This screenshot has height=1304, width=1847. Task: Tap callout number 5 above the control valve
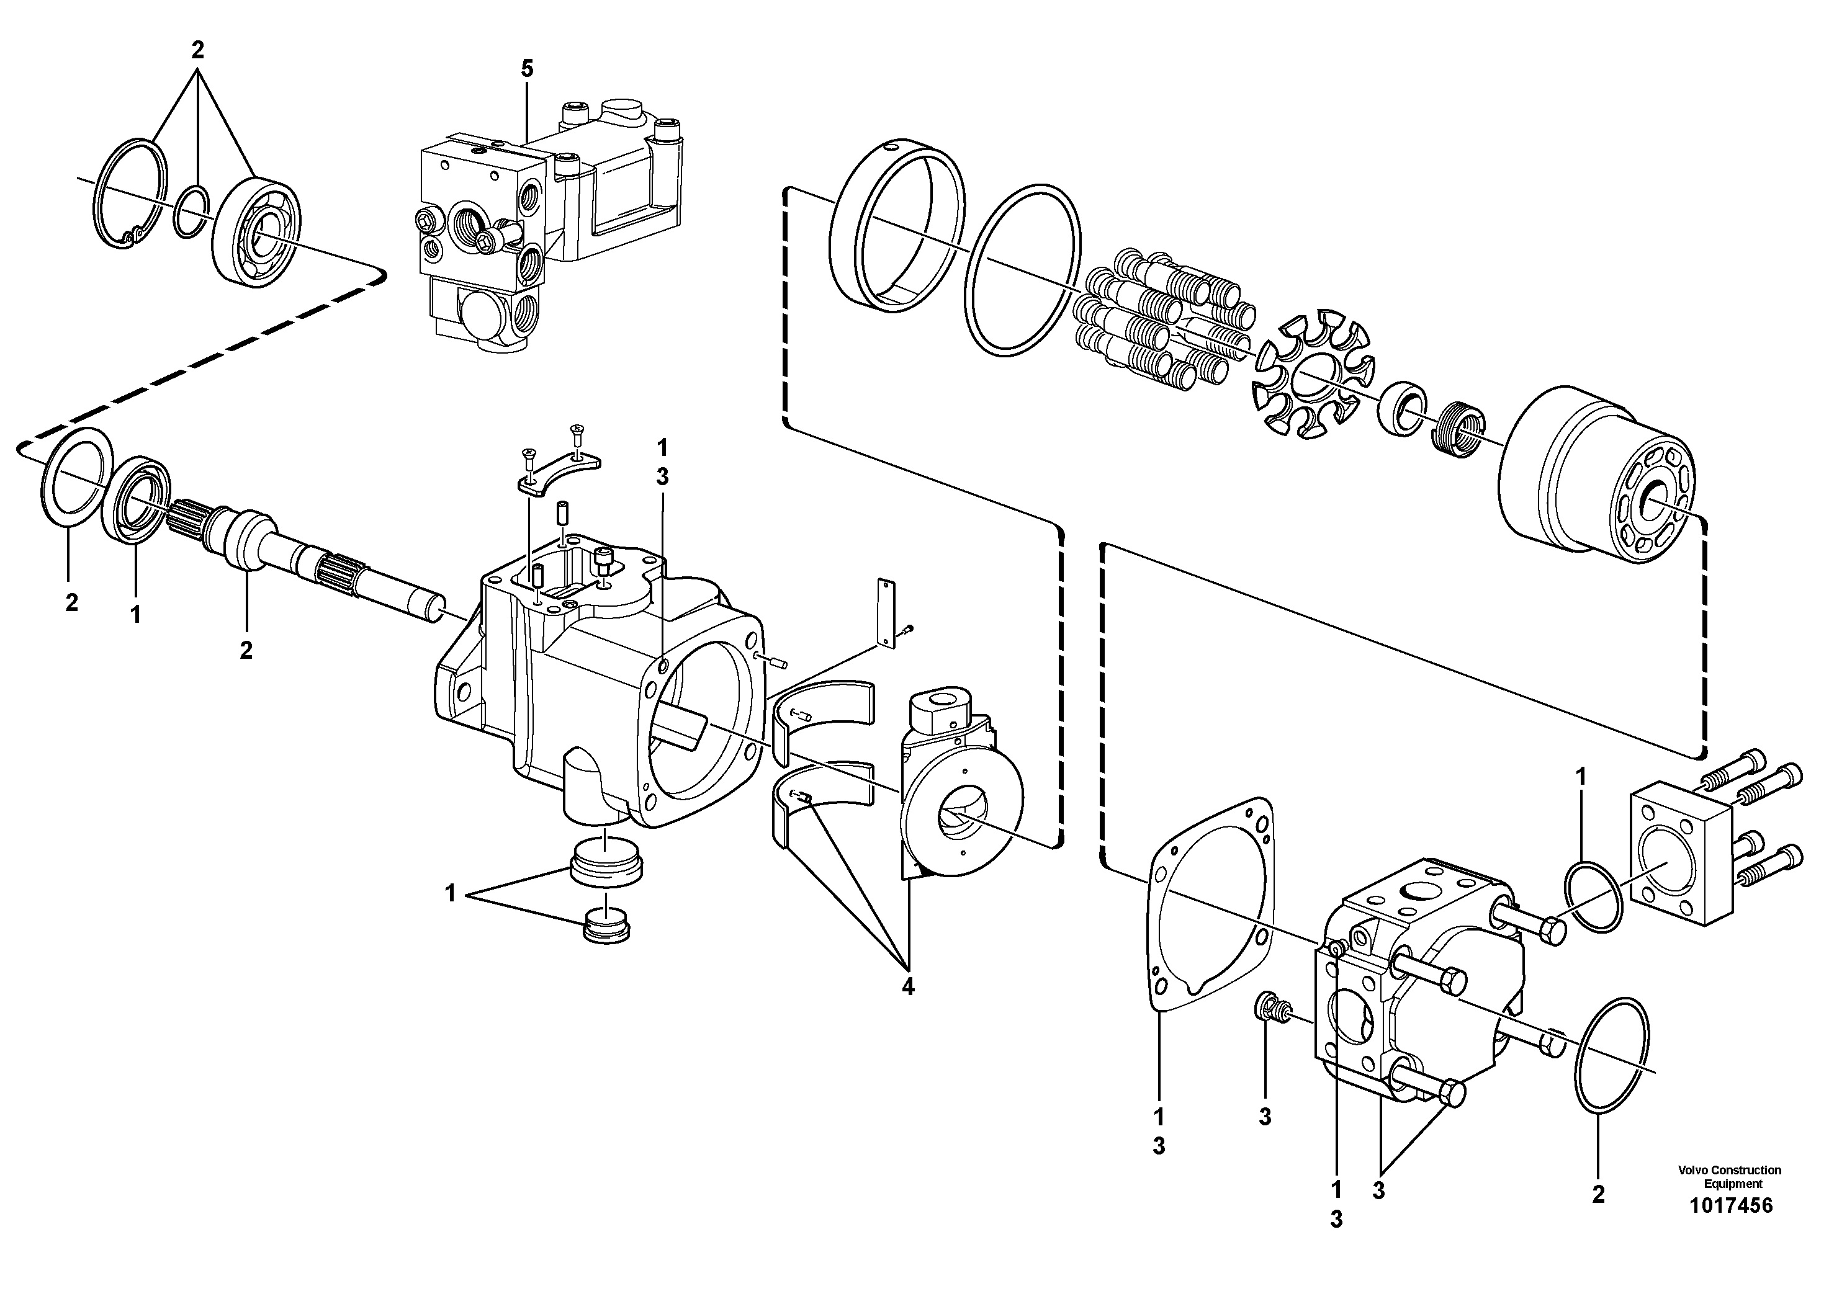pyautogui.click(x=526, y=69)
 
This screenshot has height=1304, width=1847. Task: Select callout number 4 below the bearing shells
pyautogui.click(x=907, y=987)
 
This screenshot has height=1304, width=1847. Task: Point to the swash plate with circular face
pyautogui.click(x=961, y=812)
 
